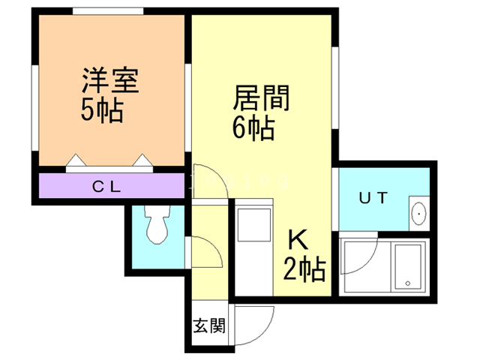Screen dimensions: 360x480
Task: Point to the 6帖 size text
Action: coord(253,129)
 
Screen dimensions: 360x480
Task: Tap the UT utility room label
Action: coord(373,199)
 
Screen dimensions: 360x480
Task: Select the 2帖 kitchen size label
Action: coord(304,268)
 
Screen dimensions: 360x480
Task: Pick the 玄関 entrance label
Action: coord(209,326)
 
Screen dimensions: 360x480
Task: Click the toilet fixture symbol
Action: coord(157,226)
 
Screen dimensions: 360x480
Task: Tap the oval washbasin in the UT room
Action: coord(418,214)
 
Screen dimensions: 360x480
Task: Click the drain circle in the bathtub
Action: coord(408,284)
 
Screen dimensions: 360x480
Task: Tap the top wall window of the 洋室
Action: coord(109,10)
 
